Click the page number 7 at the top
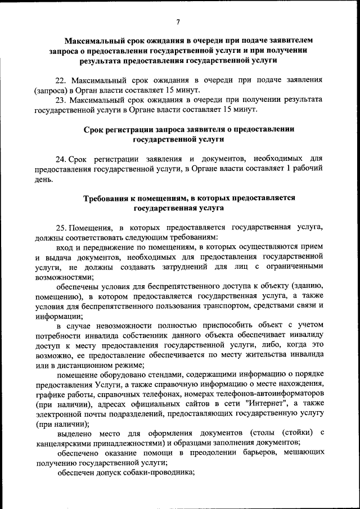point(178,22)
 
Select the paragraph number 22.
point(60,80)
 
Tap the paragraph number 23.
point(60,99)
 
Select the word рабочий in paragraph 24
point(308,169)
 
